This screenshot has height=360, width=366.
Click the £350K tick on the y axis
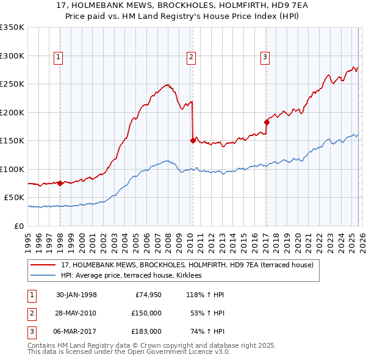(x=12, y=27)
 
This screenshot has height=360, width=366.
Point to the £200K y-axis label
(x=12, y=112)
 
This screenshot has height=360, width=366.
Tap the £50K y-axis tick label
(x=14, y=198)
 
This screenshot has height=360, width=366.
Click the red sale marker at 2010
(x=193, y=140)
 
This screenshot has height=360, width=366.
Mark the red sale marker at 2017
(x=267, y=122)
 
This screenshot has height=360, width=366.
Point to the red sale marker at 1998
(x=60, y=183)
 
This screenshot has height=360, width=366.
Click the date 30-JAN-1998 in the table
(x=76, y=295)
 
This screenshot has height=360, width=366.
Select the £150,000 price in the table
(x=146, y=313)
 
